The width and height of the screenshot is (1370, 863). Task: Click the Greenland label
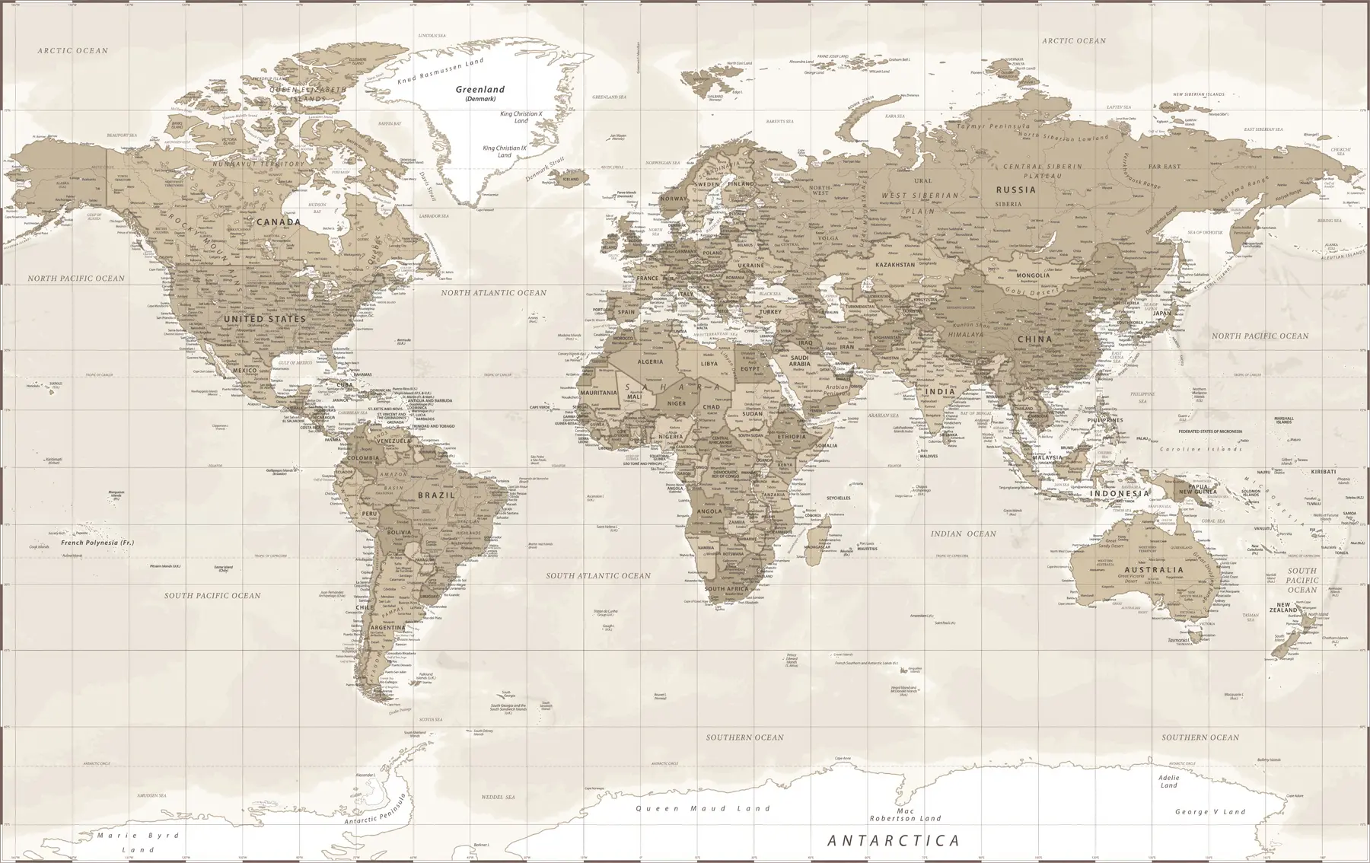(x=479, y=90)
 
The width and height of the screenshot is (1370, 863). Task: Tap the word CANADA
(x=279, y=222)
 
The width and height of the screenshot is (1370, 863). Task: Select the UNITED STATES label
(x=265, y=319)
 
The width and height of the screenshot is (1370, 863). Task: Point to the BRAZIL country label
(x=436, y=495)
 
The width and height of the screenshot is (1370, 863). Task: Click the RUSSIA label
(x=1016, y=189)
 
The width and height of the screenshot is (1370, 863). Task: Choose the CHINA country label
(x=1034, y=339)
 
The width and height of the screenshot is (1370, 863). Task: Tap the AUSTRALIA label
(x=1154, y=569)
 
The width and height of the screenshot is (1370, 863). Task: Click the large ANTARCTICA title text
(x=894, y=841)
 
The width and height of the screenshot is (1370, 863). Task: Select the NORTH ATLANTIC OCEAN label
(x=493, y=293)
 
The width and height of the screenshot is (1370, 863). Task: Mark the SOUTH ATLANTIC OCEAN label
(x=598, y=576)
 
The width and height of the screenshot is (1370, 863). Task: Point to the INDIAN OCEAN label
(x=963, y=534)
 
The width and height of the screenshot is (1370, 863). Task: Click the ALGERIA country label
(x=650, y=362)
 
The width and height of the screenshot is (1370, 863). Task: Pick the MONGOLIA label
(x=1033, y=275)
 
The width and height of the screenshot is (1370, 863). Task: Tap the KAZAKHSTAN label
(x=895, y=265)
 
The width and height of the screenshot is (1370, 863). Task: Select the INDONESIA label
(x=1120, y=494)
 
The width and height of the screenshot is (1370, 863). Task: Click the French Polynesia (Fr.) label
(x=97, y=543)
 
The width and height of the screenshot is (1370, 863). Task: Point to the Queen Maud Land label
(x=703, y=809)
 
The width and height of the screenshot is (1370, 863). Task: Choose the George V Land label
(x=1210, y=812)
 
